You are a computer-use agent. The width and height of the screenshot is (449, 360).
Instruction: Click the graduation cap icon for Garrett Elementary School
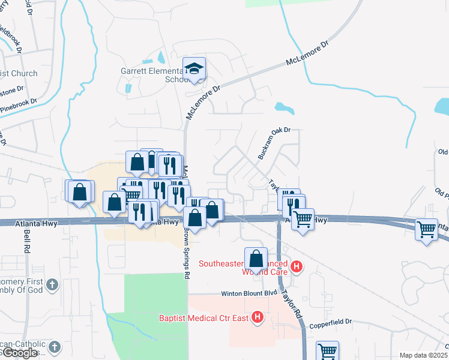[194, 68]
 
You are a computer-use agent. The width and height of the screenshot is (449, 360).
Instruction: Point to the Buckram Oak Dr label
[274, 142]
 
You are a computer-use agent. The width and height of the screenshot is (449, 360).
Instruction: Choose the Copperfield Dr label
[331, 322]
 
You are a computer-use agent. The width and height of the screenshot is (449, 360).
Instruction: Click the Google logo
[20, 353]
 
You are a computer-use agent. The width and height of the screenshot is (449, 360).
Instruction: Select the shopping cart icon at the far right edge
[426, 229]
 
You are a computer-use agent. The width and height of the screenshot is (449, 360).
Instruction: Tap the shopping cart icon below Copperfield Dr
[328, 351]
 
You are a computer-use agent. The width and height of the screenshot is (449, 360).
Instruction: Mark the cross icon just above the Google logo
[54, 346]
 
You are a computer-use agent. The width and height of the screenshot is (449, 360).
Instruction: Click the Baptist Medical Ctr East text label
[204, 317]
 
